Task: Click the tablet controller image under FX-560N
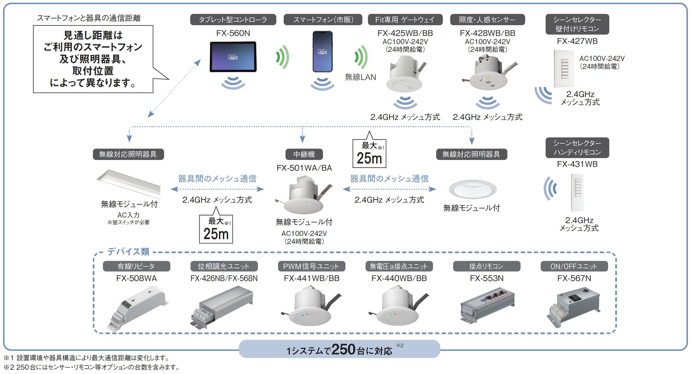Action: tap(233, 57)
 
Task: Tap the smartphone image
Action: tap(322, 51)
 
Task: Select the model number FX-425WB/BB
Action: tap(405, 33)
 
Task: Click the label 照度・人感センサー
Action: tap(487, 20)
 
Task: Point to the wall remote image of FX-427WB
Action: tap(564, 69)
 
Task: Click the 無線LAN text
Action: tap(360, 77)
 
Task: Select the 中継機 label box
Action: tap(304, 154)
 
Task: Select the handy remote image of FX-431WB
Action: tap(577, 193)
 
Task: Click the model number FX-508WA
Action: tap(136, 278)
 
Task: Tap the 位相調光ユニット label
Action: tap(224, 266)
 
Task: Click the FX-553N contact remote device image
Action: tap(487, 306)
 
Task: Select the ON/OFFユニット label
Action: tap(574, 266)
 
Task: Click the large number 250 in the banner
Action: tap(343, 349)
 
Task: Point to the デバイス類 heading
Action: tap(128, 252)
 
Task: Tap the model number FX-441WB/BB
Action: tap(312, 278)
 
